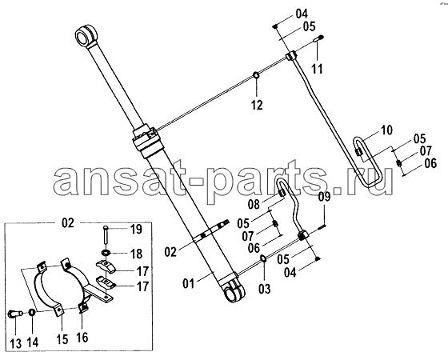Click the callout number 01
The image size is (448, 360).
pos(188,284)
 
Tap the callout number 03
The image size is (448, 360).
pos(264,289)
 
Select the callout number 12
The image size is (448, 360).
pos(257,105)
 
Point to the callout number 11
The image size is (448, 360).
pos(317,69)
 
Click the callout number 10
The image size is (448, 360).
pos(386,130)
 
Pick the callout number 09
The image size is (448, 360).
pos(325,197)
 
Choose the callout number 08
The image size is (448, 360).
pos(254,204)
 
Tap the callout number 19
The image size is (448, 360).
pos(136,229)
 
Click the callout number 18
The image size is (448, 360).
pos(136,254)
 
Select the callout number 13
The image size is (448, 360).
pos(16,343)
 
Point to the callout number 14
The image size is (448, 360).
pos(33,342)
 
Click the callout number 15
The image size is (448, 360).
pos(62,339)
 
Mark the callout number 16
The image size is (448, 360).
pos(82,338)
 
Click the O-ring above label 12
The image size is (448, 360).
pos(256,75)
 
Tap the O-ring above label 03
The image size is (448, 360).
pos(263,259)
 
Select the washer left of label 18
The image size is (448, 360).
pos(106,253)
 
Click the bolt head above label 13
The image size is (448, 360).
pos(14,314)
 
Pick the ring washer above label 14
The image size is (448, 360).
pos(32,312)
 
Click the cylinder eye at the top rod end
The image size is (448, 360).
pos(85,37)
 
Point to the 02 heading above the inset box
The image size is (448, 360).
pos(68,223)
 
